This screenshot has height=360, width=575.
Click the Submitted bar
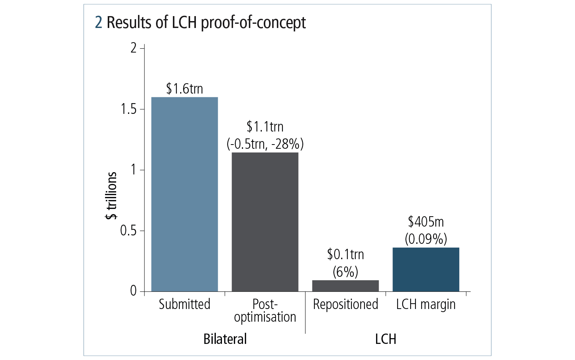184,194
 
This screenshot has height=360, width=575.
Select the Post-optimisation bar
265,222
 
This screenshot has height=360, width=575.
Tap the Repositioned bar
345,286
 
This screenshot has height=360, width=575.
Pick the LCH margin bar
426,270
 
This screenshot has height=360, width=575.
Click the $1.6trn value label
184,89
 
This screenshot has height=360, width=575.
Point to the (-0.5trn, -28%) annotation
265,144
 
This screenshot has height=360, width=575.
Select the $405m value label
426,222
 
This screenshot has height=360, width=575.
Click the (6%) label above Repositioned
345,272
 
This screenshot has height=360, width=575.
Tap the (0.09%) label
426,239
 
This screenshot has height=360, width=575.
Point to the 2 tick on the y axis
133,48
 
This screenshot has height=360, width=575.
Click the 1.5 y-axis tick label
128,109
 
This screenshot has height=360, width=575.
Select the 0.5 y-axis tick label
128,231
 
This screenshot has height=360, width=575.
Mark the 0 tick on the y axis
133,291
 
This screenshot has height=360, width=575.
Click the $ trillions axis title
111,196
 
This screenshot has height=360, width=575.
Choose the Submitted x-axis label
184,304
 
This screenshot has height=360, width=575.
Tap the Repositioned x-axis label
345,304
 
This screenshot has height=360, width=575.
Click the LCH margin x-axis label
426,304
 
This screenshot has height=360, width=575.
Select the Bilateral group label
225,339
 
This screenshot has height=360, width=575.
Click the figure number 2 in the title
99,23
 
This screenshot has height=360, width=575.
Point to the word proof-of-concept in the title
253,23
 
